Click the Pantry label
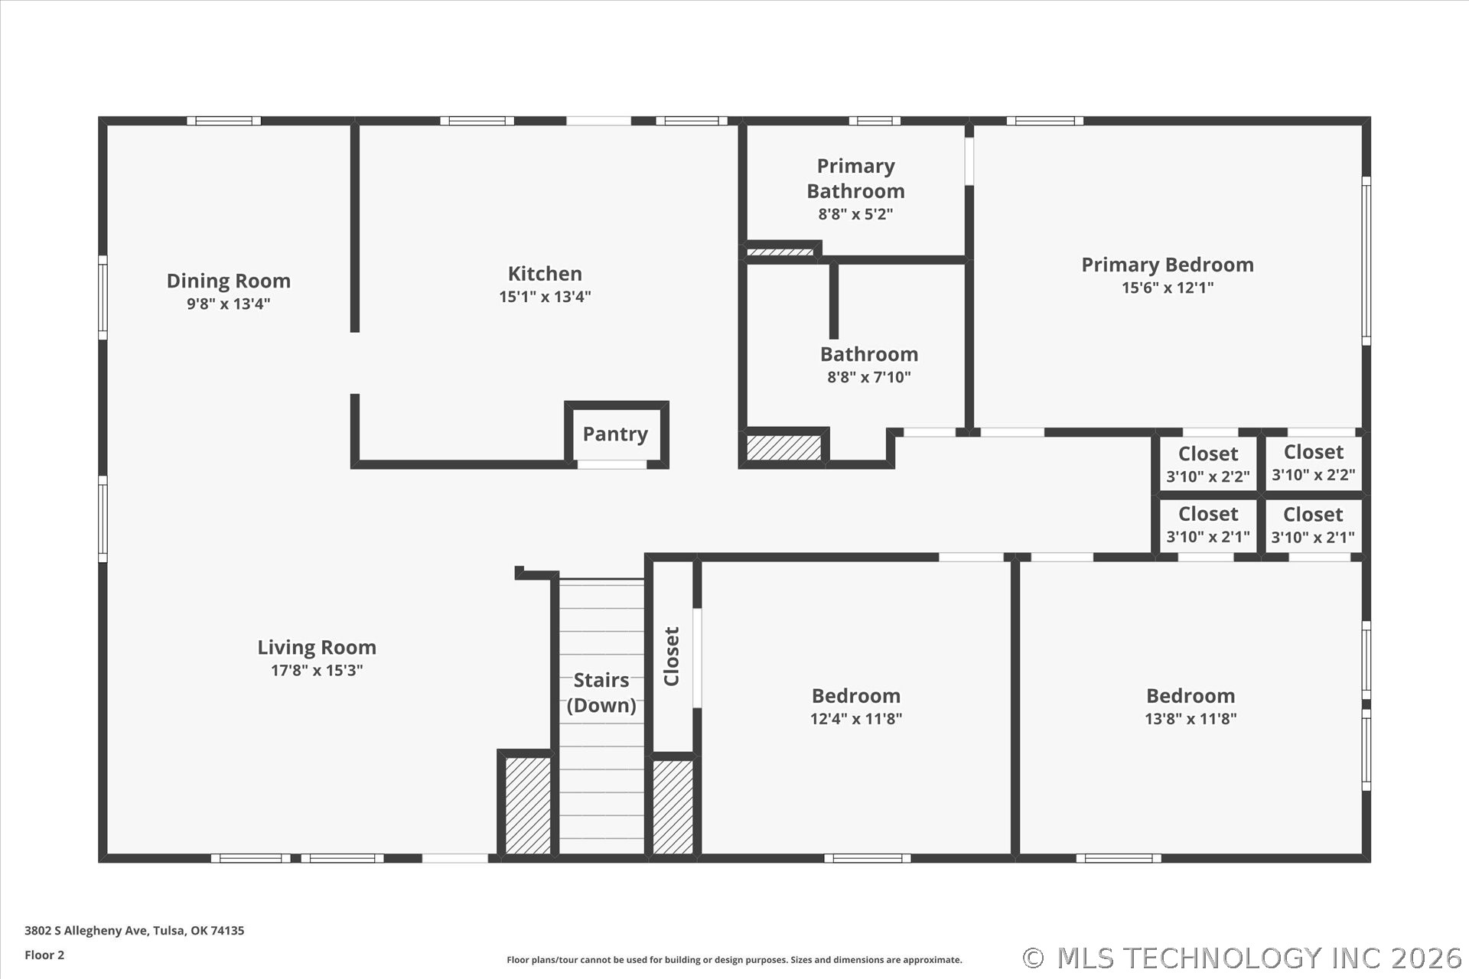click(x=615, y=434)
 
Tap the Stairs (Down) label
click(x=601, y=692)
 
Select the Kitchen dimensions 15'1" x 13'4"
click(x=545, y=297)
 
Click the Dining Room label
click(x=229, y=281)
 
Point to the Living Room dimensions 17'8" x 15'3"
click(x=317, y=671)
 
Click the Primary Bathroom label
click(x=855, y=178)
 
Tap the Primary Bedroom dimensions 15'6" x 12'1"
click(x=1168, y=288)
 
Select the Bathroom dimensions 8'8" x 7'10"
click(x=868, y=377)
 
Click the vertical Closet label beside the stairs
click(x=672, y=656)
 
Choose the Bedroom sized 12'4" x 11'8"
click(x=855, y=705)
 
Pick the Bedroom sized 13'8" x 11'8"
click(x=1191, y=705)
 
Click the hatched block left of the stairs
click(x=528, y=805)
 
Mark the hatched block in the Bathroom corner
click(x=783, y=447)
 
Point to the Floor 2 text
click(x=44, y=955)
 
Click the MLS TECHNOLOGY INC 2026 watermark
click(x=1243, y=958)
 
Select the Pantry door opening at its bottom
click(x=612, y=464)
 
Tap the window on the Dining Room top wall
click(x=223, y=121)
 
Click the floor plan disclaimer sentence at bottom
click(x=734, y=960)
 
